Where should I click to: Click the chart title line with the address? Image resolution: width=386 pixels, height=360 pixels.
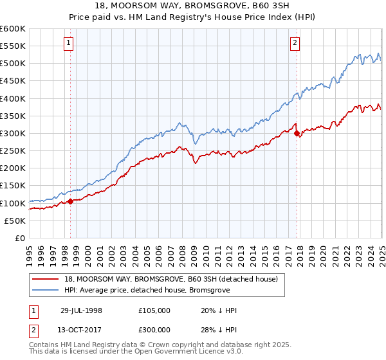pos(193,6)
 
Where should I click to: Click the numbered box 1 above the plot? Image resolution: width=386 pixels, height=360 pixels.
pos(68,44)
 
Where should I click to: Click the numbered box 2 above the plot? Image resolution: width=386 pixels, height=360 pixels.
pos(295,44)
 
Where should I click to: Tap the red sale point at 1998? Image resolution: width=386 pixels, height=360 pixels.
pos(71,201)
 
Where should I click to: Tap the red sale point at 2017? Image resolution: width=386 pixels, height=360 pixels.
pos(297,134)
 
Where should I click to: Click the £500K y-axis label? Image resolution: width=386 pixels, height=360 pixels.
pos(13,63)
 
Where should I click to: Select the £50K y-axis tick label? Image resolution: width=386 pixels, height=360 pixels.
pos(15,221)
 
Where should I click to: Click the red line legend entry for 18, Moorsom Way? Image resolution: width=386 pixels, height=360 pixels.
pos(170,279)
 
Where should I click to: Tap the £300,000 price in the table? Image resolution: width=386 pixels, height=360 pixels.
pos(154,332)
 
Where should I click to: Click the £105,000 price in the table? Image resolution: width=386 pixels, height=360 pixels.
pos(154,310)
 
